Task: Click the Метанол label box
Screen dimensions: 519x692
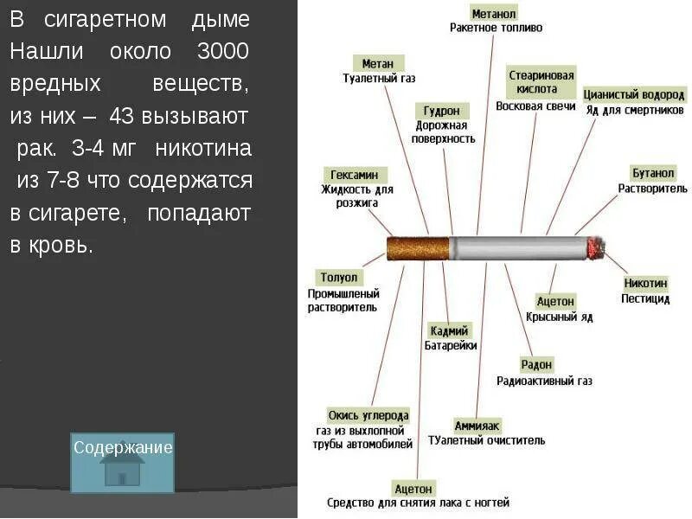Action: click(x=495, y=14)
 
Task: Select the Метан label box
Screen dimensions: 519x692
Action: click(x=378, y=63)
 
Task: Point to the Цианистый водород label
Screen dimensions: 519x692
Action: click(x=634, y=95)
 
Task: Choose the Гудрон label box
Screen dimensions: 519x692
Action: click(x=445, y=111)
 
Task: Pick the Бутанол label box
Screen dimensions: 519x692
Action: click(x=651, y=174)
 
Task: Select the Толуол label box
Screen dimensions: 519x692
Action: click(x=339, y=279)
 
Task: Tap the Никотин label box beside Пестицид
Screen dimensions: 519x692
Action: click(x=645, y=283)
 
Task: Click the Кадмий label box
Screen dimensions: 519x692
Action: click(x=450, y=330)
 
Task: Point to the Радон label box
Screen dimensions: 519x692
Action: click(x=536, y=365)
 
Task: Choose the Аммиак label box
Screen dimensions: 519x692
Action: click(x=477, y=426)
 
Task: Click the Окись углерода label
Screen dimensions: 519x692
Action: click(x=368, y=415)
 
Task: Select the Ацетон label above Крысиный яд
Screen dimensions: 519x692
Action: click(x=555, y=301)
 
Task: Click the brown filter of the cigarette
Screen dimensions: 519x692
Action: click(x=418, y=248)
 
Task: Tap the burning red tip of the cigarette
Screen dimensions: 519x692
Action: click(x=596, y=248)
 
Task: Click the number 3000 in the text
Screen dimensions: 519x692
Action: click(x=222, y=50)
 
